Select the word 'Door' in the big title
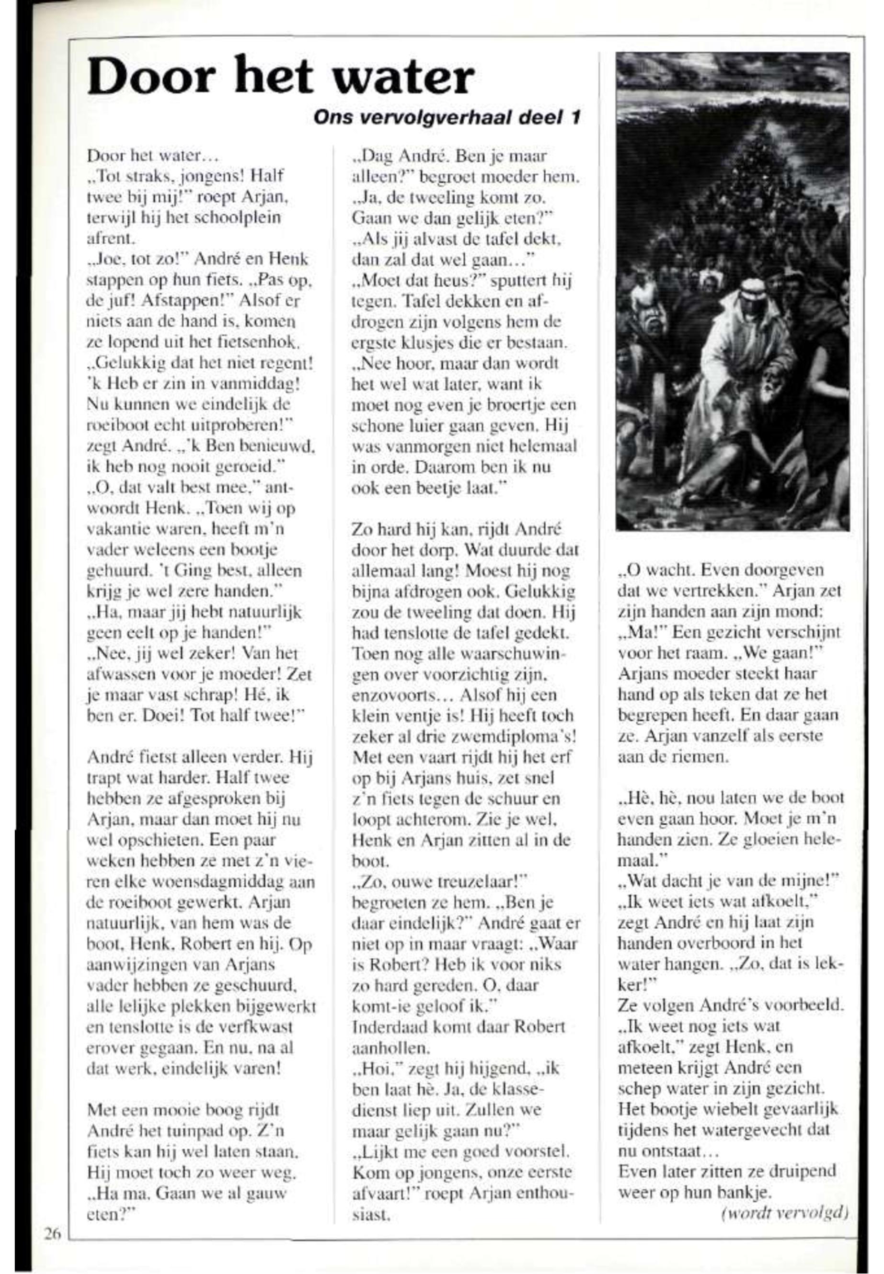point(150,78)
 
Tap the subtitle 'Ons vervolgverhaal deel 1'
point(447,117)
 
